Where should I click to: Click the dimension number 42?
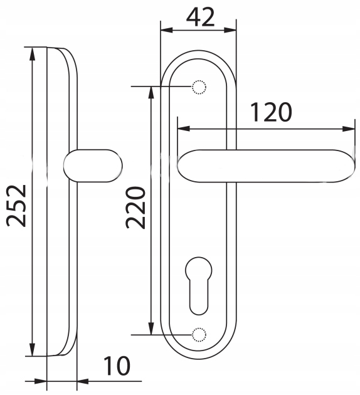(x=201, y=17)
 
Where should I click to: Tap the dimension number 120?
(x=272, y=112)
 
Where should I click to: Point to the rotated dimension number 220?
(x=136, y=208)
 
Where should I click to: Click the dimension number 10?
(x=117, y=366)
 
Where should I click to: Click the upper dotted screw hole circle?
(x=199, y=87)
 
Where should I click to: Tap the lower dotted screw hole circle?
(x=199, y=335)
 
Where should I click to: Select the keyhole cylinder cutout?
(x=199, y=286)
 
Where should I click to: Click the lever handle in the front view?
(x=266, y=166)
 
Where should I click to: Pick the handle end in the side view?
(x=93, y=166)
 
